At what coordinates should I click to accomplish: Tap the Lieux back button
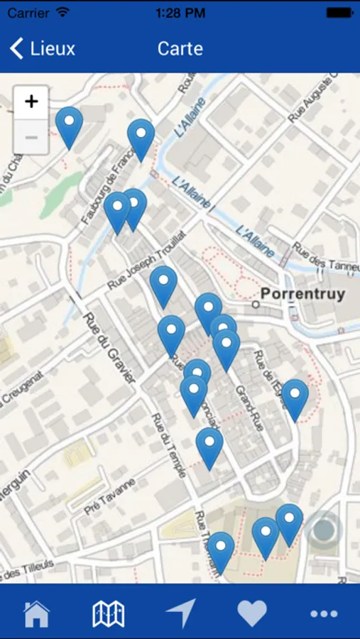coord(43,48)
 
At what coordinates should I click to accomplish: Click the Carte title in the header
coord(180,48)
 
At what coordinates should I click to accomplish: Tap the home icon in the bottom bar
coord(37,613)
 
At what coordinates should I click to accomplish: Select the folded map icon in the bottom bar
coord(109,613)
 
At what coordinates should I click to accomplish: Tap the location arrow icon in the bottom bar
coord(180,613)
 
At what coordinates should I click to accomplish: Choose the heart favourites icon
coord(252,613)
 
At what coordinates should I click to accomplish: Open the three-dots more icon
coord(324,613)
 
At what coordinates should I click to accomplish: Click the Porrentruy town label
coord(302,294)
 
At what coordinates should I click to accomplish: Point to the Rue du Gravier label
coord(109,348)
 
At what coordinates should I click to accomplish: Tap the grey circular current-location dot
coord(324,529)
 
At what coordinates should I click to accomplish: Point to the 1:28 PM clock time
coord(180,13)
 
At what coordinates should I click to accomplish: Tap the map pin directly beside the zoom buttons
coord(69,126)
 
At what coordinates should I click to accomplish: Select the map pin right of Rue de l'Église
coord(295,398)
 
